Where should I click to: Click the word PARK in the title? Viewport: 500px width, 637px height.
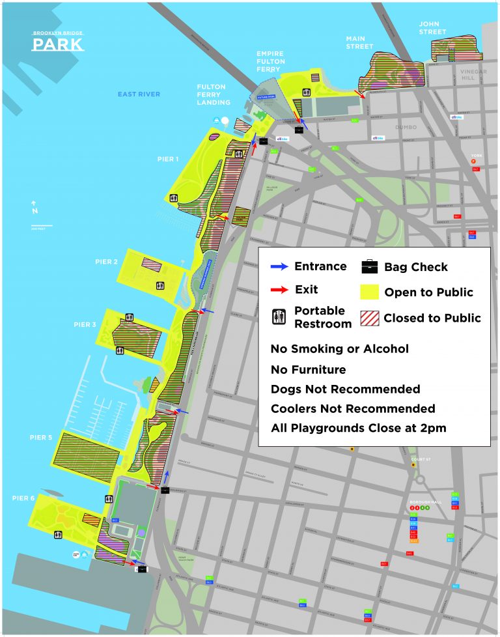(x=58, y=44)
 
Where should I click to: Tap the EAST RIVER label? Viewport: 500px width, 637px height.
(x=139, y=94)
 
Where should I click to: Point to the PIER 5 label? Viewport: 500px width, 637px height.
(x=40, y=438)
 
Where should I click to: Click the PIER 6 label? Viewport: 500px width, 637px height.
(x=23, y=498)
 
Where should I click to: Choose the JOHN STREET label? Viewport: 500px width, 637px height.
(x=433, y=28)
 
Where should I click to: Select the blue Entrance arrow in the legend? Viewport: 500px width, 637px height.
(x=279, y=267)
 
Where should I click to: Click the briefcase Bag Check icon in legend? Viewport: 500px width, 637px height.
(x=370, y=266)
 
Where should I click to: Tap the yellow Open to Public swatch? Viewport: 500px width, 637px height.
(x=370, y=292)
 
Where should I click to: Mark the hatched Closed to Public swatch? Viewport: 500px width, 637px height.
(x=370, y=318)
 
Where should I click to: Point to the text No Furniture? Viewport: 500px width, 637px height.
(x=308, y=369)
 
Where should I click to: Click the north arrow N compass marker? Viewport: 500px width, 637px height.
(x=35, y=208)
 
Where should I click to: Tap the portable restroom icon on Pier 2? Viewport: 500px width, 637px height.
(x=160, y=285)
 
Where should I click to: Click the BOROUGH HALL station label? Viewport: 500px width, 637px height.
(x=426, y=502)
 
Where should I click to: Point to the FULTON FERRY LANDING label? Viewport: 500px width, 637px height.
(x=214, y=94)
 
